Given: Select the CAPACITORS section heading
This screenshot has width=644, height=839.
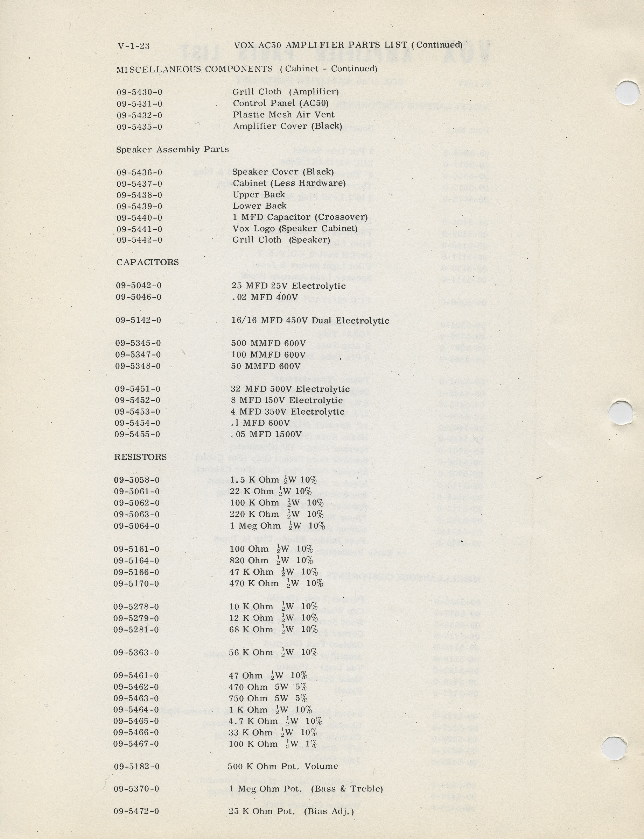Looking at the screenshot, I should [148, 262].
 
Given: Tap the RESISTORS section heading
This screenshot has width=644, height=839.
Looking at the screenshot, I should [140, 457].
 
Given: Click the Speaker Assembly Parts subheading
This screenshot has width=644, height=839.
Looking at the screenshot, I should [173, 149].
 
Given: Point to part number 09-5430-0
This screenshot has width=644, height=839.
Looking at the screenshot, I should [140, 92].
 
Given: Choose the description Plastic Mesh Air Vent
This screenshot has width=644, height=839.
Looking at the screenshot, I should [283, 115].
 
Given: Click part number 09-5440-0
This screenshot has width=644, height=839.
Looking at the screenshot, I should [139, 217].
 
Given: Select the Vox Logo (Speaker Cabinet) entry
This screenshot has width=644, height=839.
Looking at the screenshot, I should [295, 229].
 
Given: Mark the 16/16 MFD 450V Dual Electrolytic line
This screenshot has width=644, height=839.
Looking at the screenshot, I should [310, 321].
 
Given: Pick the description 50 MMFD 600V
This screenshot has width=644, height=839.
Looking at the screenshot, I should [266, 366].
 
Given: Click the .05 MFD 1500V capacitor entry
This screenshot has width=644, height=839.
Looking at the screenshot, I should [266, 434].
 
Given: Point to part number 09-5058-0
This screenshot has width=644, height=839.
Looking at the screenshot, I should [137, 480].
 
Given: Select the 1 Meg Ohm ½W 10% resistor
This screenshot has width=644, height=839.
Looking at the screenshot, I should [277, 526].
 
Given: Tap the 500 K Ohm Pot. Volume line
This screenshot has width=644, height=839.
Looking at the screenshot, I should [283, 766].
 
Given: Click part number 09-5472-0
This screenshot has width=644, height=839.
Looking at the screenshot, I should [136, 811].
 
